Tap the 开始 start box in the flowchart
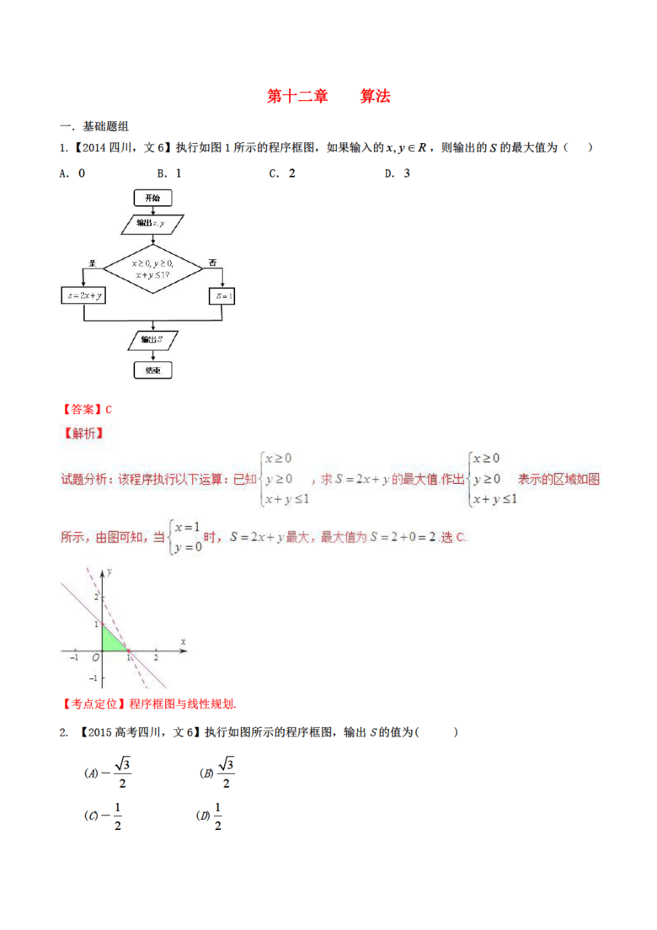152,197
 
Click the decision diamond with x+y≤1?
152,268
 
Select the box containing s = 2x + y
83,296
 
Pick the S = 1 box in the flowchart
224,296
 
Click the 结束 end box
152,369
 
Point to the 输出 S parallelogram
152,339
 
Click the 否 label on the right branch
212,263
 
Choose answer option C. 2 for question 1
281,173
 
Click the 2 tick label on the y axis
96,596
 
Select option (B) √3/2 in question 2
216,772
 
